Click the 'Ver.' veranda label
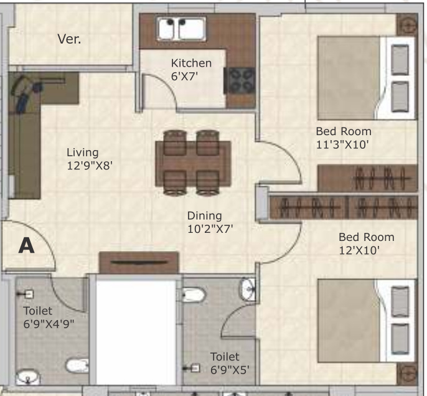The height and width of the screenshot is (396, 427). [69, 39]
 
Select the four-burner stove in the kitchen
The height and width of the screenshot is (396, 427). [242, 80]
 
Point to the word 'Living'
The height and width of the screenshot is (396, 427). [83, 153]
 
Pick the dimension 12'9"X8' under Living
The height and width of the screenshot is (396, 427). [90, 166]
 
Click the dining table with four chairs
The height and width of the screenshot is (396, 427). [192, 162]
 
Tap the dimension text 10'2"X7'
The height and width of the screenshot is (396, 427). [210, 229]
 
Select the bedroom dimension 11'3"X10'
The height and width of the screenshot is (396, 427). [343, 144]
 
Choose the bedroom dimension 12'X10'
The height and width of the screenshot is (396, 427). [359, 250]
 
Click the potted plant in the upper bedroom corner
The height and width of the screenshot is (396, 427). [407, 26]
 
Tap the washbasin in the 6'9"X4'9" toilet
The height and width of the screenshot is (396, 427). [28, 377]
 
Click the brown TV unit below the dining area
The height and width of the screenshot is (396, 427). [139, 263]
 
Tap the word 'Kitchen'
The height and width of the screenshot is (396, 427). [191, 63]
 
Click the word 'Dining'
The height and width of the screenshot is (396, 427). [204, 215]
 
